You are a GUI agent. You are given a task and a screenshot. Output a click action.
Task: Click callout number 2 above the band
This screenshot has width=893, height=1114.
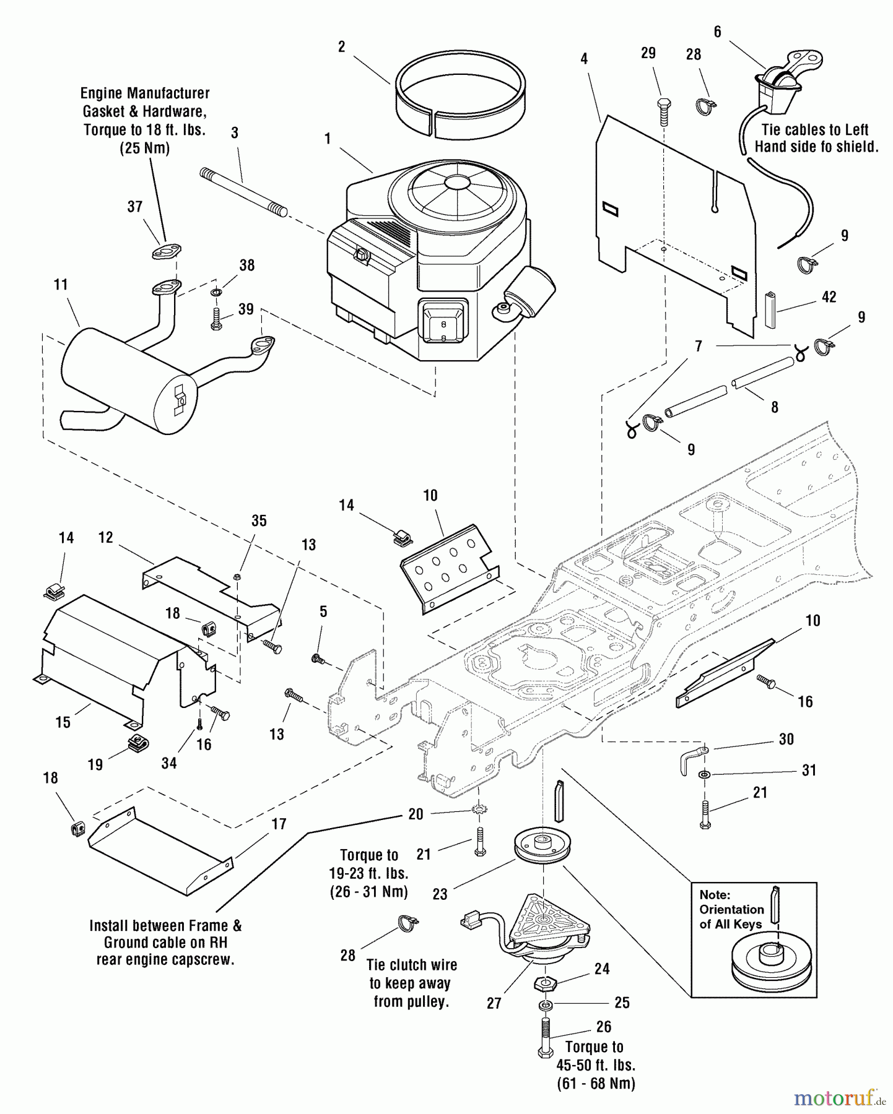coord(341,47)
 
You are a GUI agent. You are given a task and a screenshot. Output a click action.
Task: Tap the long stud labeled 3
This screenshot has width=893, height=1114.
coord(243,192)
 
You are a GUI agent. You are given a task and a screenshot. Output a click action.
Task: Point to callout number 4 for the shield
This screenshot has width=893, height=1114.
coord(584,59)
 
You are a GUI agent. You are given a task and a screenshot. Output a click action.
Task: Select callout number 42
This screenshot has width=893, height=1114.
coord(829,297)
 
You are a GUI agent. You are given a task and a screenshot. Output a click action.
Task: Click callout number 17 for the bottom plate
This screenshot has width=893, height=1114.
coord(279,824)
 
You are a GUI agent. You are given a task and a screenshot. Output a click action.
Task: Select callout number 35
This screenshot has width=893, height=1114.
coord(259,520)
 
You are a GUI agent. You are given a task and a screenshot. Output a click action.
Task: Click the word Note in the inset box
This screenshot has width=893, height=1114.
coord(715,894)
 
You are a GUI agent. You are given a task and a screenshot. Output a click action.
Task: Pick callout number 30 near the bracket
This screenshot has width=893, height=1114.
coord(786,739)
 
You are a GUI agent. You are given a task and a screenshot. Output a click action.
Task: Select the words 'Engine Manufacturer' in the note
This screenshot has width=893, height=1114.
coord(145,93)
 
